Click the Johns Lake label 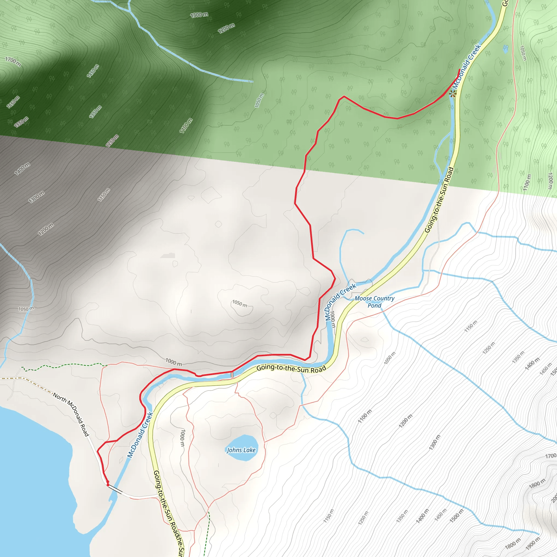coord(241,450)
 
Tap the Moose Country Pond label coord(374,302)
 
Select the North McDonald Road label coord(71,414)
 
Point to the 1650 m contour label coord(13,102)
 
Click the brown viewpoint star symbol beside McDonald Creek coord(452,93)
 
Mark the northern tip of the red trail coord(459,69)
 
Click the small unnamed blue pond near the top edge coord(505,48)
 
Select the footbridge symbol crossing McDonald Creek coord(232,375)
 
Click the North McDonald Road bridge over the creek coord(115,489)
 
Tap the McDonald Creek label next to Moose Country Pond coord(341,302)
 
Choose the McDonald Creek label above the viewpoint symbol coord(466,66)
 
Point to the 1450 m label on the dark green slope coord(93,71)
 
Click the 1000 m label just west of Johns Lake coord(182,438)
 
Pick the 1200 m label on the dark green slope coord(226,28)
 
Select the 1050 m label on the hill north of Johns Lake coord(240,304)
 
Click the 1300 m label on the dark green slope coord(199,15)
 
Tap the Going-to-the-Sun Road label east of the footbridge coord(291,369)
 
